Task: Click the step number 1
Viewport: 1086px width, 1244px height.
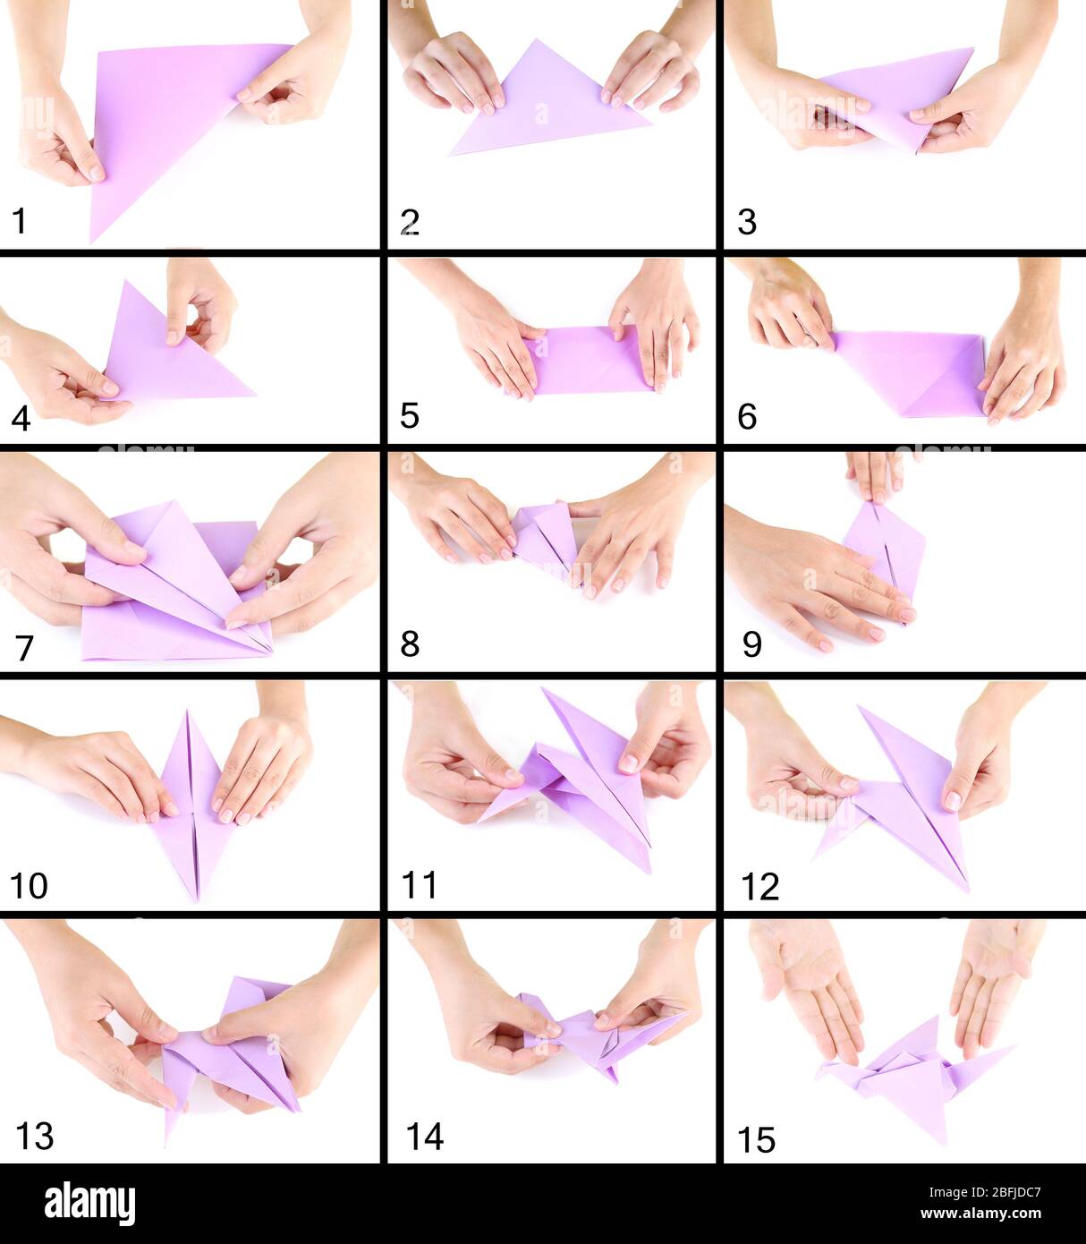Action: point(19,220)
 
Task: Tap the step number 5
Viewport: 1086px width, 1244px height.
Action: point(409,415)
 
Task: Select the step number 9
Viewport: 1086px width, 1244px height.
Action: point(751,643)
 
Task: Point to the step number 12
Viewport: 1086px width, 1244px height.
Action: point(759,886)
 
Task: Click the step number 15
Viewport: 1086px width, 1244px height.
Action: point(756,1139)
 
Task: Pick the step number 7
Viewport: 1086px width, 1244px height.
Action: point(24,646)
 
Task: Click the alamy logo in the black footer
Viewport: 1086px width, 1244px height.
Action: point(89,1203)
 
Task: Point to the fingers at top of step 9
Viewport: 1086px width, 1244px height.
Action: point(876,473)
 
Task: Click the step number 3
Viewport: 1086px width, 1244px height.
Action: point(747,221)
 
